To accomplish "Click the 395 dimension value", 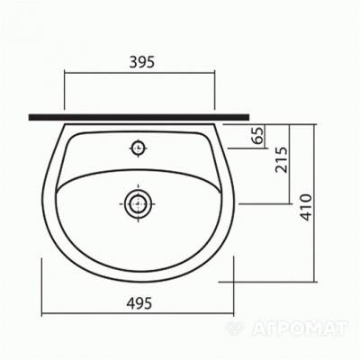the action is click(x=142, y=62).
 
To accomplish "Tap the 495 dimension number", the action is click(x=139, y=303).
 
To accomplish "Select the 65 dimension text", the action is click(x=258, y=135).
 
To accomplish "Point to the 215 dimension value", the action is click(x=282, y=159).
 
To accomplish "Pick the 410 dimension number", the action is click(x=306, y=207).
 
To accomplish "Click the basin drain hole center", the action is click(x=138, y=203).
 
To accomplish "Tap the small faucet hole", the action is click(x=138, y=148).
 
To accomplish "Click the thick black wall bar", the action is click(x=139, y=117).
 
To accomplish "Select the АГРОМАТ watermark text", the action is click(x=300, y=328).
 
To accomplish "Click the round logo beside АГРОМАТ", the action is click(x=235, y=328).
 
